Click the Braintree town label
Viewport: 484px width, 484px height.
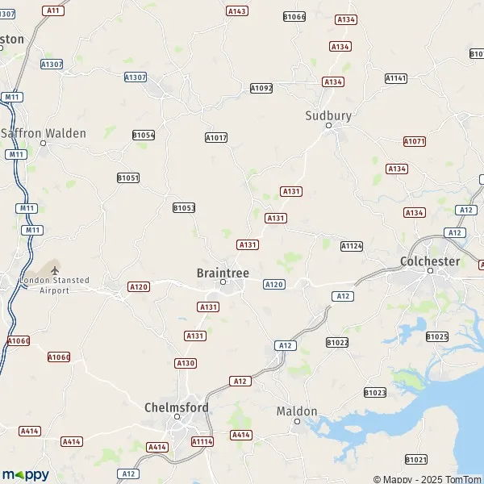pos(223,273)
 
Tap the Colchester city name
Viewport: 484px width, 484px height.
pos(430,261)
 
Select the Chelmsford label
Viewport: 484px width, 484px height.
pos(176,408)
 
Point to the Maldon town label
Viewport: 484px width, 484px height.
pos(297,411)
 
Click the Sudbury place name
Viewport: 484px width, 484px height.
pos(328,115)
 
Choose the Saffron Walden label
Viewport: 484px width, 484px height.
pos(44,133)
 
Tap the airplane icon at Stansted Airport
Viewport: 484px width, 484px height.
pos(55,269)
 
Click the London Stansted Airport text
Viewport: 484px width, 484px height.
pos(56,285)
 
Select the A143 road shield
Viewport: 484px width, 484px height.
pos(237,11)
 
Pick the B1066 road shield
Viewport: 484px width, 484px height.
pos(294,16)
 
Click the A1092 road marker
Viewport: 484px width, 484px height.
pos(261,88)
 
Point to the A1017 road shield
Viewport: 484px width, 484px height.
pos(216,138)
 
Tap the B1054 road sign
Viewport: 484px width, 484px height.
pos(144,136)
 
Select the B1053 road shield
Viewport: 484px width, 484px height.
pos(184,208)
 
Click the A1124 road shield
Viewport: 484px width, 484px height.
pos(352,245)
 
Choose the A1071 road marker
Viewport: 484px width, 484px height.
pos(415,141)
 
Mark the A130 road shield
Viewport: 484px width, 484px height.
pos(186,363)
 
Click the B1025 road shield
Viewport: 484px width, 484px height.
pos(436,336)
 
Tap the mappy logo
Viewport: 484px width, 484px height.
pos(25,475)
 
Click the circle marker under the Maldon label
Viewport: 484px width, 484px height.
pos(297,422)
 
